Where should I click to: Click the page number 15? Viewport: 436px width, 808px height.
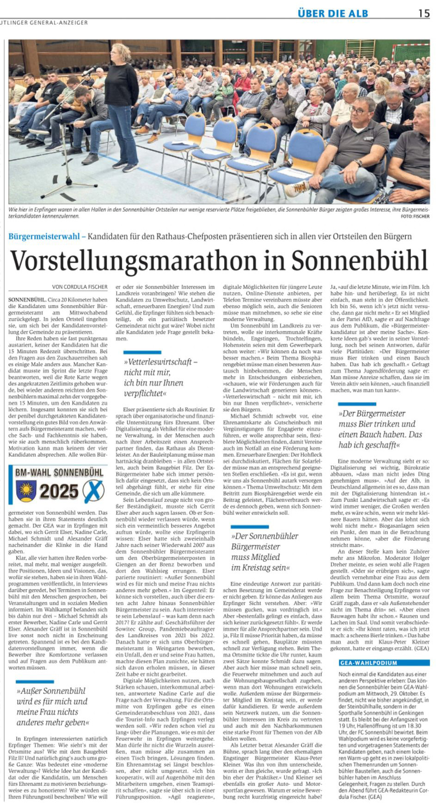(x=424, y=13)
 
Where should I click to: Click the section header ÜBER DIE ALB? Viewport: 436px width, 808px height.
(x=333, y=13)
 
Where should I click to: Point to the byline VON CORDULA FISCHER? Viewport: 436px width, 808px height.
(x=80, y=287)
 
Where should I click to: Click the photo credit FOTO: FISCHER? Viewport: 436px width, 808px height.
(x=415, y=216)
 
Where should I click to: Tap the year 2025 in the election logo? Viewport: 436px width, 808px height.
(x=59, y=491)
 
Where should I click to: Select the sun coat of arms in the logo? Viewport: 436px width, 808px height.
(x=26, y=491)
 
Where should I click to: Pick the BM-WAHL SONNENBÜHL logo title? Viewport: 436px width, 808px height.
(x=59, y=472)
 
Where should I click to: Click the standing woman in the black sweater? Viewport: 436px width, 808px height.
(x=121, y=102)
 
